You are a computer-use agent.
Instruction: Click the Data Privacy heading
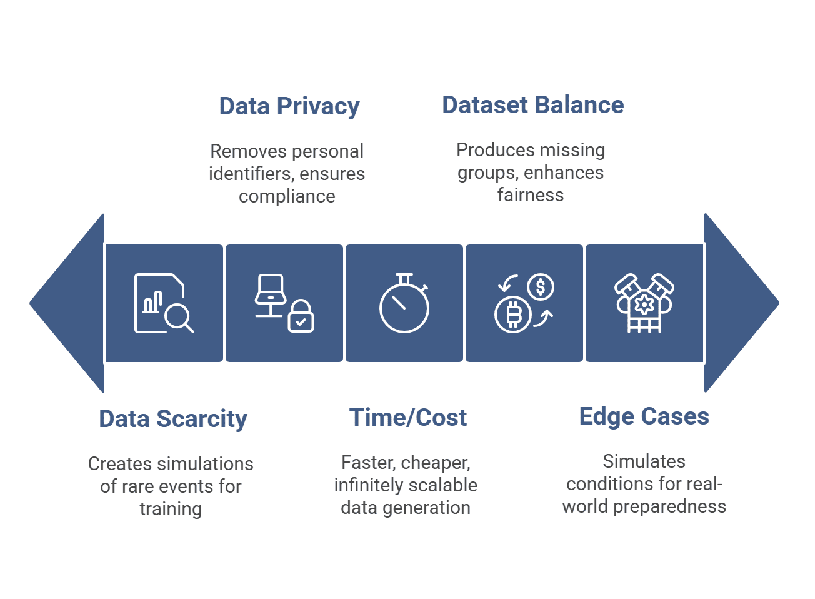[289, 106]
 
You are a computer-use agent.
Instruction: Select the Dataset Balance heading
[532, 105]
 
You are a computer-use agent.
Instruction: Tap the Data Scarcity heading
[173, 419]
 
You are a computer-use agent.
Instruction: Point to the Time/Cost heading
[407, 418]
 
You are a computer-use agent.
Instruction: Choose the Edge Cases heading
[644, 416]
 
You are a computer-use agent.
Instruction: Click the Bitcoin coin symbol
[513, 315]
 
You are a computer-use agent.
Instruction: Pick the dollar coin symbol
[541, 287]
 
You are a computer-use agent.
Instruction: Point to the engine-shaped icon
[644, 303]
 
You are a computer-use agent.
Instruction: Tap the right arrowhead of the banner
[740, 303]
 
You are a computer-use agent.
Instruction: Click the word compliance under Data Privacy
[287, 196]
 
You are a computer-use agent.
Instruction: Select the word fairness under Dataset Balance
[531, 195]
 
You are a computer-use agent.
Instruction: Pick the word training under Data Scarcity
[171, 509]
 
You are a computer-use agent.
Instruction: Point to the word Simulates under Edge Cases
[644, 461]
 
